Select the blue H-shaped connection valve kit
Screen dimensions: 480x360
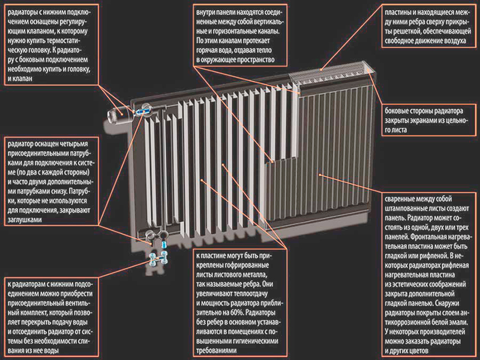158,260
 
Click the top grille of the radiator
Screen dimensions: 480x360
332,73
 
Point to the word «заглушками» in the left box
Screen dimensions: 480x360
25,220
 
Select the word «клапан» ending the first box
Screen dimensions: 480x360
23,79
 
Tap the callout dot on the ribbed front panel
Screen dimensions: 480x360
320,175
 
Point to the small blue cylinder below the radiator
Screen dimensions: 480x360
164,245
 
